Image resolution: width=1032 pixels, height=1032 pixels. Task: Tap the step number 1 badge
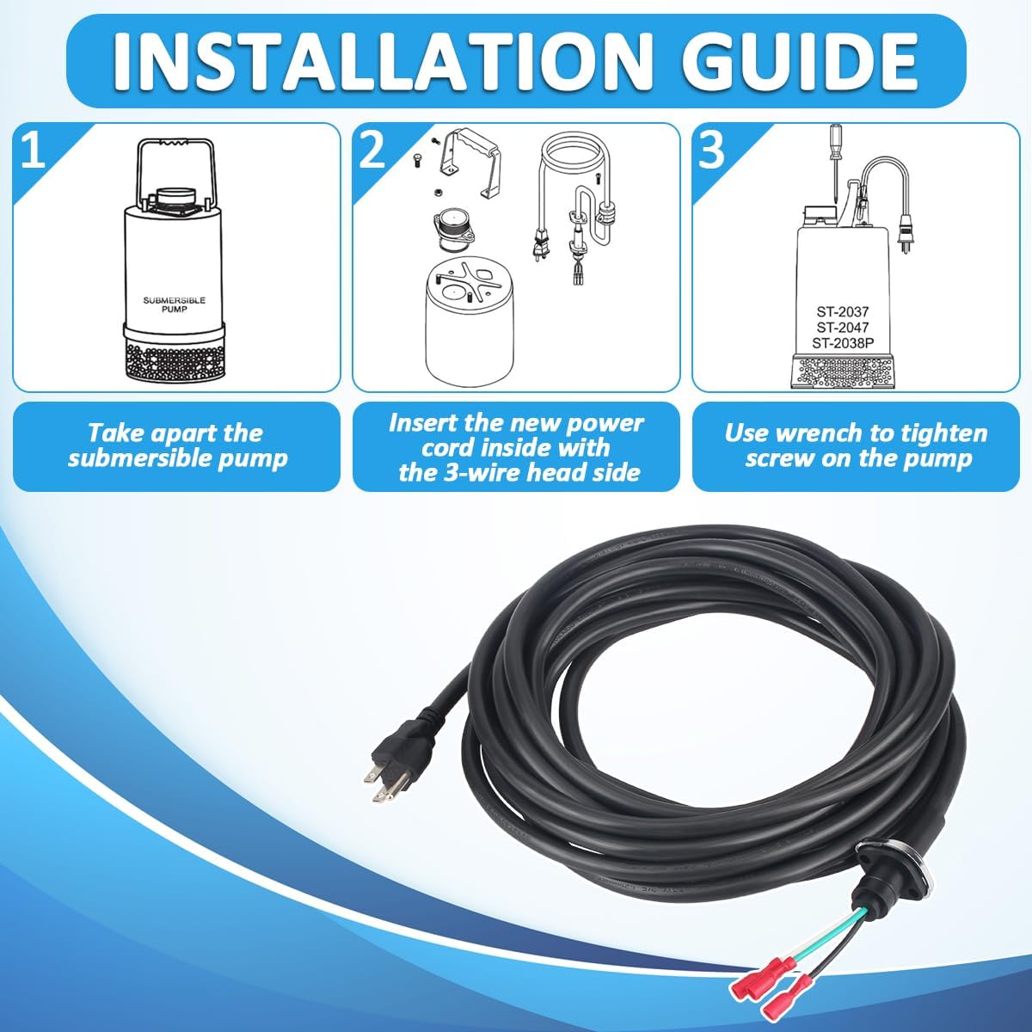pyautogui.click(x=33, y=150)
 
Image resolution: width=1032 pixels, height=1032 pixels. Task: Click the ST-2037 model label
pyautogui.click(x=842, y=312)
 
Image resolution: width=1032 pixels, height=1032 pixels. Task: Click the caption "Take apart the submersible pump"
pyautogui.click(x=176, y=445)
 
